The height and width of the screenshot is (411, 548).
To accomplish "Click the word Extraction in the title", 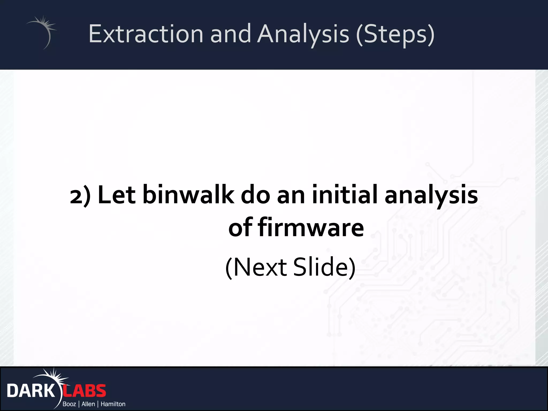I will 146,34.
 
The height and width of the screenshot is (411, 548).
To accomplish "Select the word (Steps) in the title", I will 395,34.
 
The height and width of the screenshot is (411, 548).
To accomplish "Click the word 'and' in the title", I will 230,34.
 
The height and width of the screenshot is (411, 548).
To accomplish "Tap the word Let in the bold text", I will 117,195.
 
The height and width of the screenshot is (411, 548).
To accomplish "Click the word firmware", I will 311,227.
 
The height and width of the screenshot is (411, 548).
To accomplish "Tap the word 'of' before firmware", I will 240,227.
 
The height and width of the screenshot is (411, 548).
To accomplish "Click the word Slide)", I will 324,267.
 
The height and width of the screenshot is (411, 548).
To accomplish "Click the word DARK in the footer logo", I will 31,391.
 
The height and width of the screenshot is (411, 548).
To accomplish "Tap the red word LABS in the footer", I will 85,391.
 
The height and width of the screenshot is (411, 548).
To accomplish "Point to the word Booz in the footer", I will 69,404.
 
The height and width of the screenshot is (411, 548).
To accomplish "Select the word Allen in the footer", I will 88,404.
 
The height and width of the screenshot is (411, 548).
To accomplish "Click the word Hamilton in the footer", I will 113,404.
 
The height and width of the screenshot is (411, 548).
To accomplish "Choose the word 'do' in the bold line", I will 255,195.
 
